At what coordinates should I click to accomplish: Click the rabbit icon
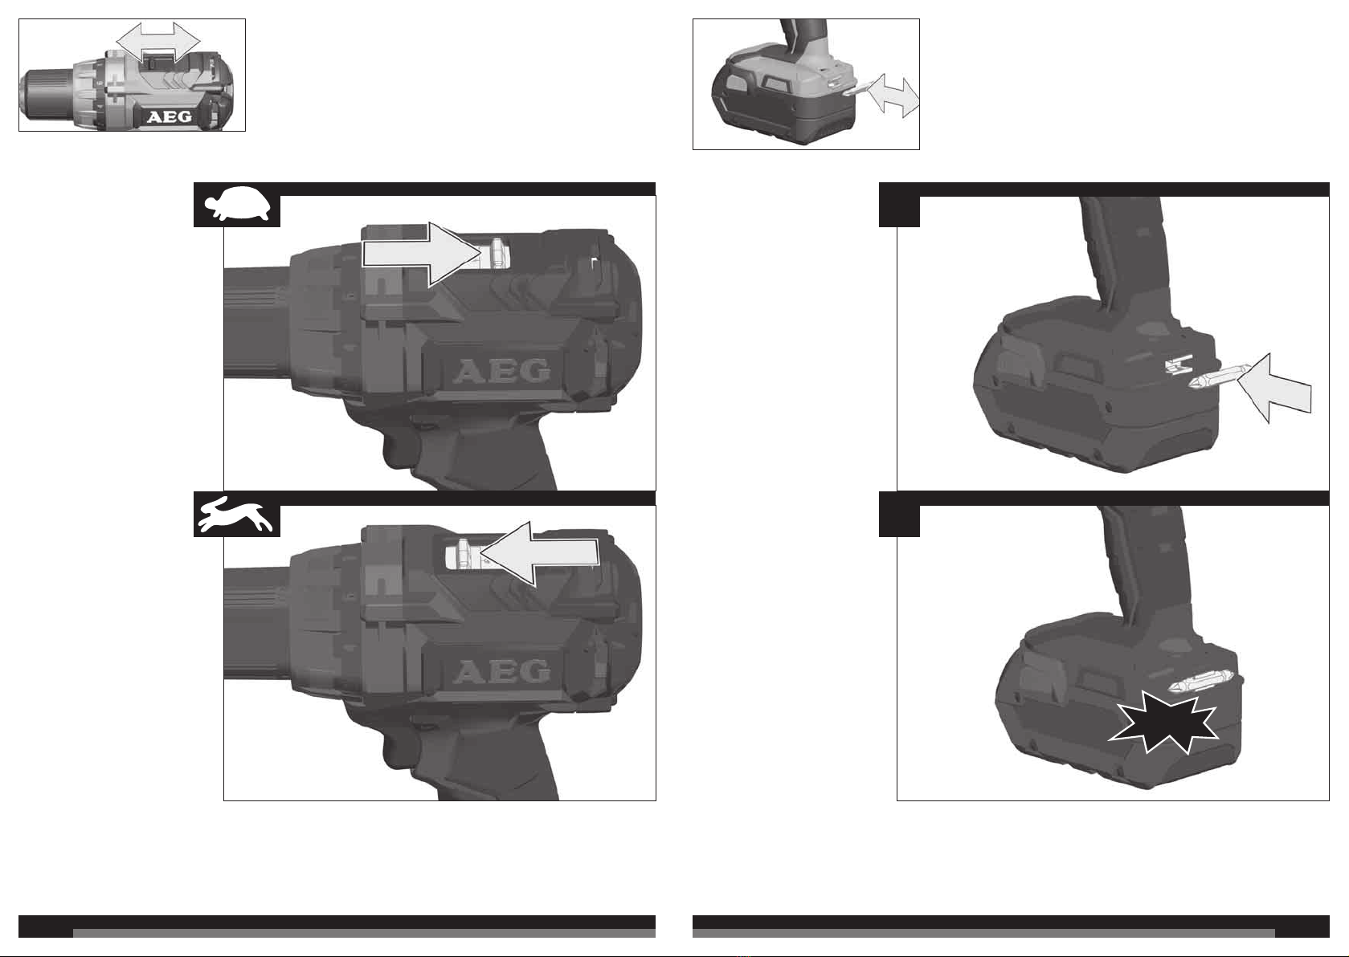click(235, 515)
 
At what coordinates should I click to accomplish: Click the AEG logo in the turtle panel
click(501, 372)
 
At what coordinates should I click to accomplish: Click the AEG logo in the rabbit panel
click(501, 671)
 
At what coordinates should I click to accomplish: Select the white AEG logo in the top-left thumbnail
click(170, 116)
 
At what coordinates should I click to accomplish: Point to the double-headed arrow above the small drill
click(157, 42)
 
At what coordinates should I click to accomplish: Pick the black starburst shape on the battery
click(1163, 722)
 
